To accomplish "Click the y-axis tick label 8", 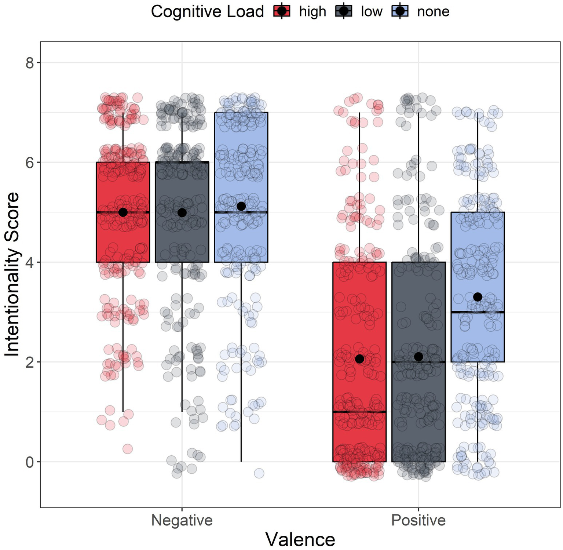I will tap(30, 63).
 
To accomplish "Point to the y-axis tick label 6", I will tap(30, 163).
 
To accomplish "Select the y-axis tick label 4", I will tap(30, 262).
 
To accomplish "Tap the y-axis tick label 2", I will tap(30, 362).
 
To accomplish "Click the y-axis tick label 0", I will tap(30, 462).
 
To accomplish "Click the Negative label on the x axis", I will tap(182, 520).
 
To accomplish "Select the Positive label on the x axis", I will tap(418, 520).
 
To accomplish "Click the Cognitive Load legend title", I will tap(207, 12).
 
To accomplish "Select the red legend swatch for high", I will tap(282, 11).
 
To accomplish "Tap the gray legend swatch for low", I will tap(344, 11).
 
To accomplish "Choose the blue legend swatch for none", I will tap(400, 11).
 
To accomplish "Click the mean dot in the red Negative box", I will tap(123, 212).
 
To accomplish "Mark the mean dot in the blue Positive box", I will tap(478, 297).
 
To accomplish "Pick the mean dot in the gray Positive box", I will tap(418, 357).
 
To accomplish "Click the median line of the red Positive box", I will tap(359, 412).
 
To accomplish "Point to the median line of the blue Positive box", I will tap(478, 312).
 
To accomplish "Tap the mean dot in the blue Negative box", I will tap(241, 206).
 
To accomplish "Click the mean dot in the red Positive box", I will tap(359, 359).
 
